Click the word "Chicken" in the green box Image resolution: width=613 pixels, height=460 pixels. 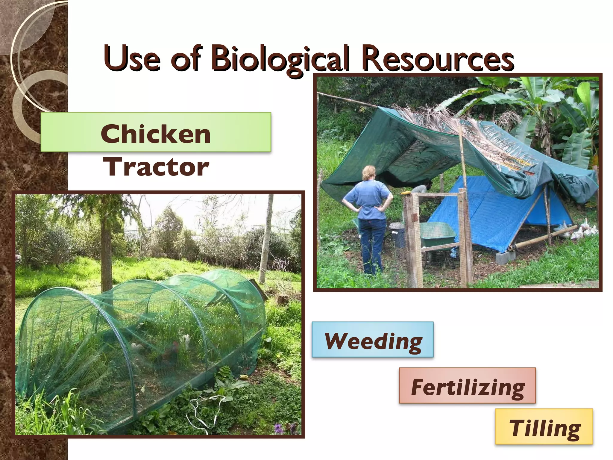[156, 134]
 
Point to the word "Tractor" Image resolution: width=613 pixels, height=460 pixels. [156, 167]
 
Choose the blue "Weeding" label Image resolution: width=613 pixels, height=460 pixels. [373, 340]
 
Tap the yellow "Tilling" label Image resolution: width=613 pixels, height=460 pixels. [544, 426]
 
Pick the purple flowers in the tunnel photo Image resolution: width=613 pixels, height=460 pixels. [280, 428]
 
